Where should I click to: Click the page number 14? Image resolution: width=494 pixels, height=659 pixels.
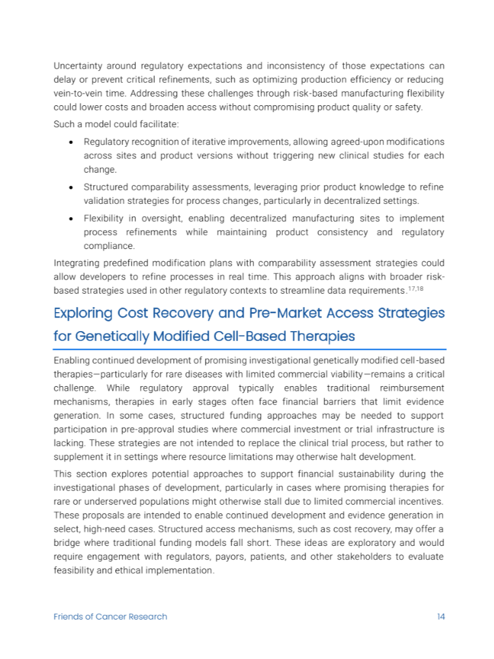[441, 616]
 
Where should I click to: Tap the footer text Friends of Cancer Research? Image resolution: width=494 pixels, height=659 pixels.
[110, 616]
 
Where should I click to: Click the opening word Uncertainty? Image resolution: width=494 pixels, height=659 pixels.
[77, 65]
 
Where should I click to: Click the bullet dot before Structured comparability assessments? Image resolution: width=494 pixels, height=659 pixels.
[72, 187]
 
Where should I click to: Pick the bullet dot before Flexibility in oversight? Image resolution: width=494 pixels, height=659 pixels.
[72, 218]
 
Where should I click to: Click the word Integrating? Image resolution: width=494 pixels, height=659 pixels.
[77, 263]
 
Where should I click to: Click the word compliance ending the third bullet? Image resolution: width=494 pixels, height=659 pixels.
[108, 245]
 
